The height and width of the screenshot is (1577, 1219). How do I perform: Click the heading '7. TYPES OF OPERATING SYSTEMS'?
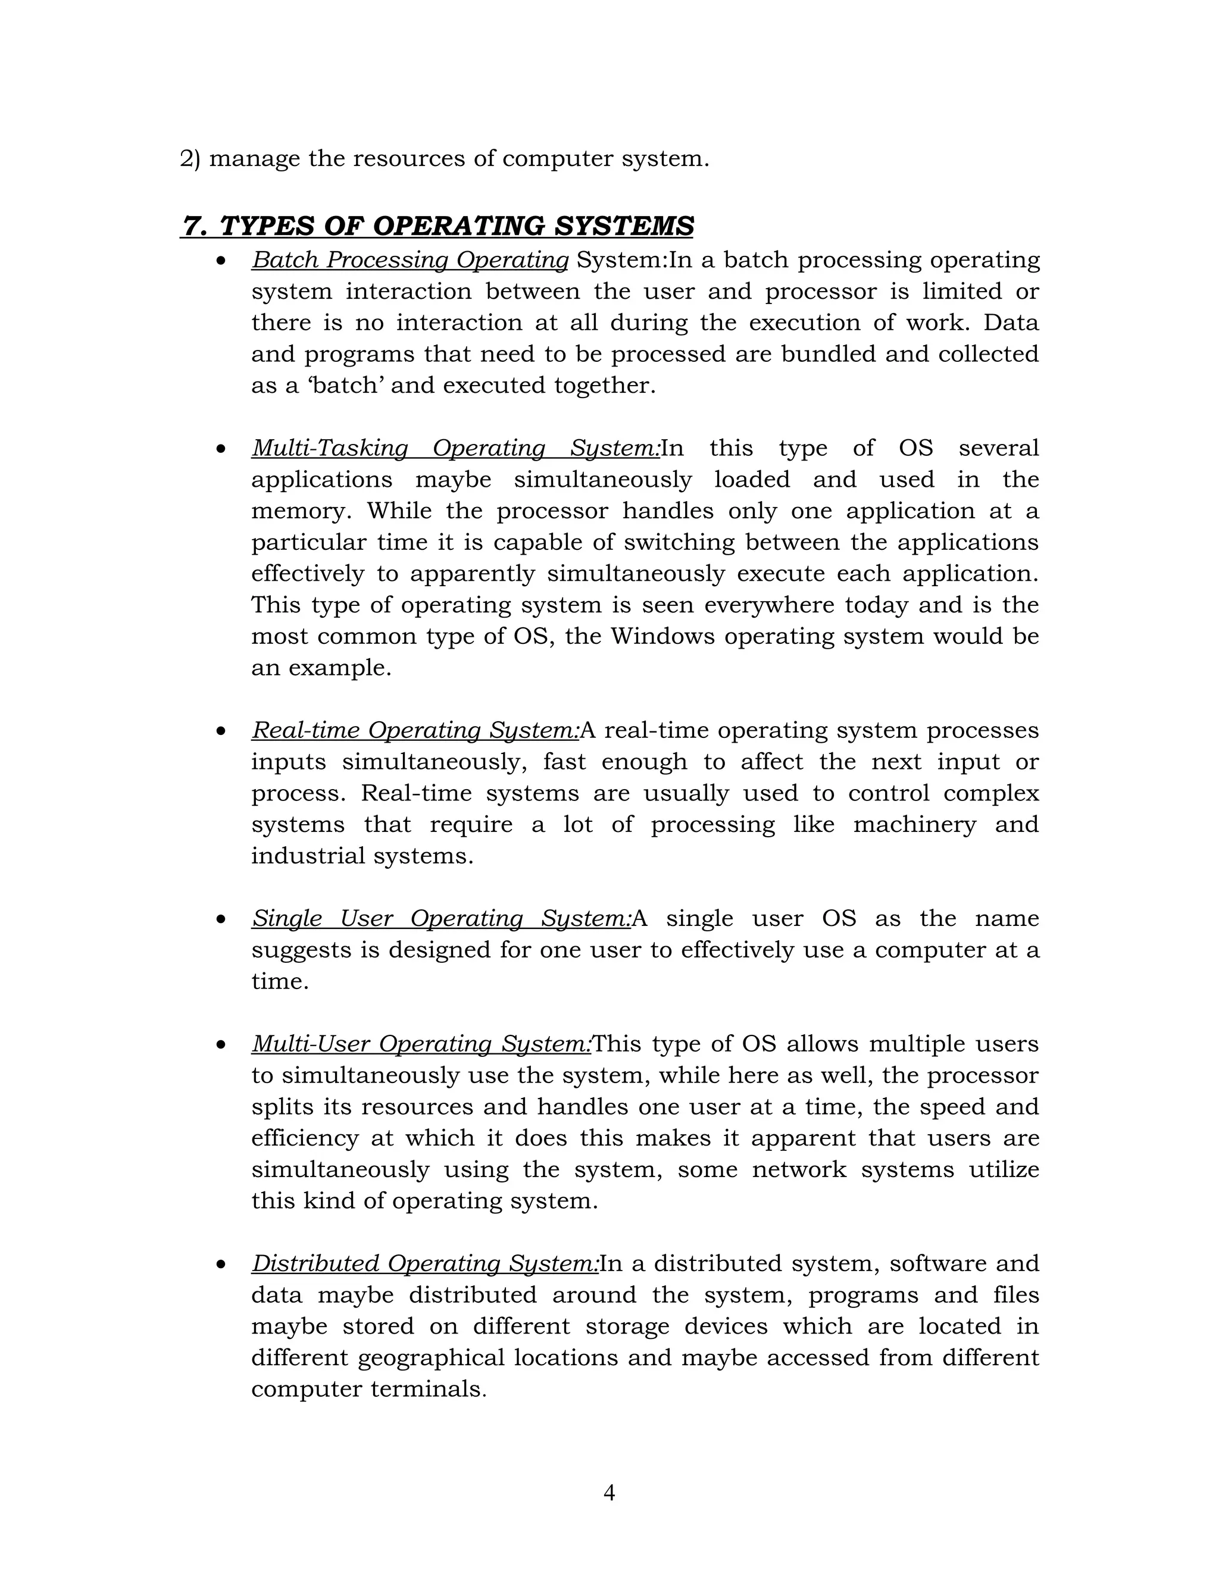pyautogui.click(x=437, y=226)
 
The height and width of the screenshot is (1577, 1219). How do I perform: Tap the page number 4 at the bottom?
pyautogui.click(x=609, y=1492)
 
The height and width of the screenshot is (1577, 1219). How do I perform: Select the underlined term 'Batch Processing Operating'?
pyautogui.click(x=410, y=260)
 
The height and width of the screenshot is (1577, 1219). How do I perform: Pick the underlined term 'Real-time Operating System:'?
pyautogui.click(x=415, y=731)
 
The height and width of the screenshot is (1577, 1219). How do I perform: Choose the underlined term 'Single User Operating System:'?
pyautogui.click(x=440, y=918)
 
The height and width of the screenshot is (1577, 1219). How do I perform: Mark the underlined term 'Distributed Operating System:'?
pyautogui.click(x=424, y=1263)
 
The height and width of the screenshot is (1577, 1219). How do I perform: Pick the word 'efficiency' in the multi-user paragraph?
pyautogui.click(x=304, y=1138)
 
